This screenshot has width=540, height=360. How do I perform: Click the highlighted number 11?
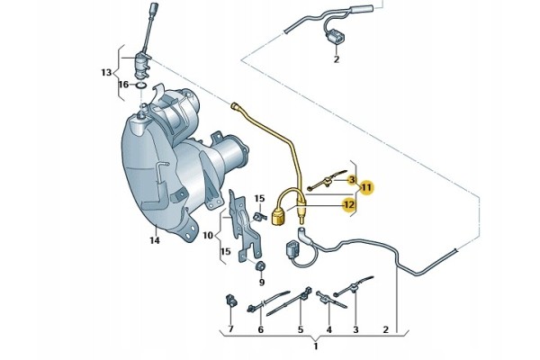click(366, 188)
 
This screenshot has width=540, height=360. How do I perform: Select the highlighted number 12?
click(349, 205)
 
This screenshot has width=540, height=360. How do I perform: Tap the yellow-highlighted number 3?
click(352, 179)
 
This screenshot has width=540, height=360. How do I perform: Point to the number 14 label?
click(155, 240)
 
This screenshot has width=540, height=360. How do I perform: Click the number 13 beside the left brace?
click(106, 73)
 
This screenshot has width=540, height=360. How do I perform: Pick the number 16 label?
click(123, 85)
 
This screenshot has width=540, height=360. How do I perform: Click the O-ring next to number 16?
click(141, 85)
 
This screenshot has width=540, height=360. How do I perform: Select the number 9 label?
click(262, 283)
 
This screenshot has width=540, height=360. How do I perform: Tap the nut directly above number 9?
click(261, 266)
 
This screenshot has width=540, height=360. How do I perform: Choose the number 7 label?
click(230, 329)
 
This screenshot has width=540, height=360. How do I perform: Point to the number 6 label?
click(261, 329)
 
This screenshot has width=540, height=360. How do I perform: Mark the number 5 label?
click(301, 329)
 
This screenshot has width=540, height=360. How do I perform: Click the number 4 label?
click(328, 329)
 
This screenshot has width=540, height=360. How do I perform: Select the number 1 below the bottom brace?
click(316, 346)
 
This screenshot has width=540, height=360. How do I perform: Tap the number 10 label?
click(208, 235)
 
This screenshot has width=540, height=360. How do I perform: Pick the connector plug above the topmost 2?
click(335, 37)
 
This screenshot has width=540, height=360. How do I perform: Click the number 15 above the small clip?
click(260, 198)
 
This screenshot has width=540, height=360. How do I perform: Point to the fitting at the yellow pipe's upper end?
click(235, 106)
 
